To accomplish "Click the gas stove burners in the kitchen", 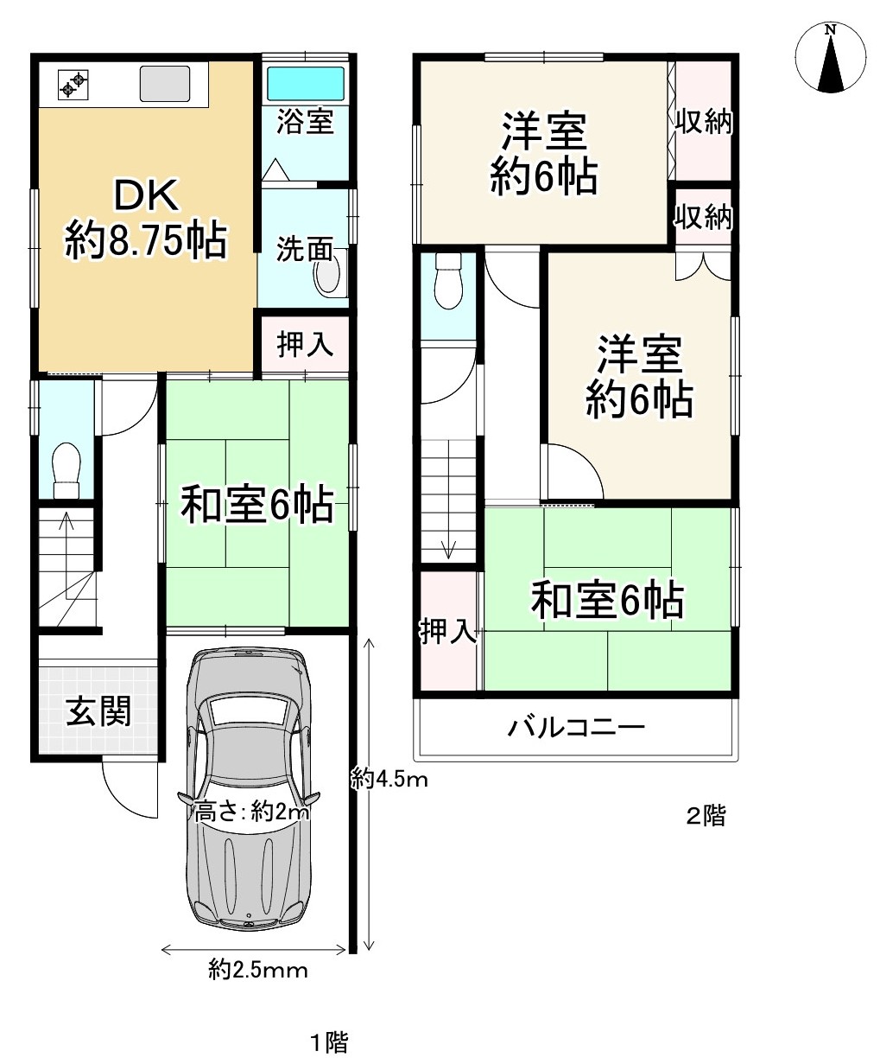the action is click(x=73, y=84).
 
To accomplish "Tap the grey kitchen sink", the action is click(x=165, y=83).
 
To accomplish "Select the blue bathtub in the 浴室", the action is click(x=306, y=84).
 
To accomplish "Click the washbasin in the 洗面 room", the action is click(x=327, y=273).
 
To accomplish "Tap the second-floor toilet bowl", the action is click(x=448, y=281).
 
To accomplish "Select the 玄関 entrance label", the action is click(x=98, y=710).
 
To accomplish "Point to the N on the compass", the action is click(x=831, y=30).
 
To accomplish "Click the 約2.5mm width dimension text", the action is click(x=258, y=970).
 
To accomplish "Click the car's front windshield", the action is click(x=249, y=710).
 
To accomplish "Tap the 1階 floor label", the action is click(x=330, y=1042).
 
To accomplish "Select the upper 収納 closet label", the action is click(x=704, y=121).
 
